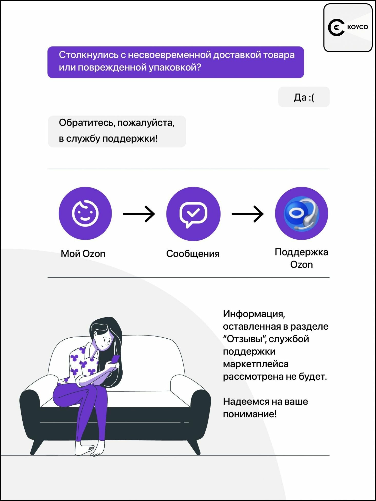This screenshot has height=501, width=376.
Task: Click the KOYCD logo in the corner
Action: (x=348, y=28)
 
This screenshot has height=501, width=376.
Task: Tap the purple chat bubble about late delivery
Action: (x=176, y=62)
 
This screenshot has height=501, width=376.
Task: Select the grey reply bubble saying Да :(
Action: (x=304, y=97)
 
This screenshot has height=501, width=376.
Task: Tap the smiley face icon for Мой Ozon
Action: (x=85, y=213)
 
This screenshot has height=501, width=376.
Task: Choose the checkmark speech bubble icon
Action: (x=193, y=214)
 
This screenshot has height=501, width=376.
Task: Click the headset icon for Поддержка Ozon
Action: (x=302, y=213)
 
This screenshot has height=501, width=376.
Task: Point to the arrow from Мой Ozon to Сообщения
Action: (x=139, y=214)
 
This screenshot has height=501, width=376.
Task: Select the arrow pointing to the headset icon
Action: (x=248, y=214)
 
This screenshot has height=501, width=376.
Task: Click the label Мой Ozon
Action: (x=83, y=254)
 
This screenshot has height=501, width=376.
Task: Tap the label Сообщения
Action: (x=193, y=254)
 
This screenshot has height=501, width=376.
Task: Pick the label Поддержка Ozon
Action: (x=302, y=258)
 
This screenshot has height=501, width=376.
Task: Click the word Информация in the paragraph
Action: (x=254, y=314)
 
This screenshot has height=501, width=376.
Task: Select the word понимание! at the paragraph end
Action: (x=250, y=414)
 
